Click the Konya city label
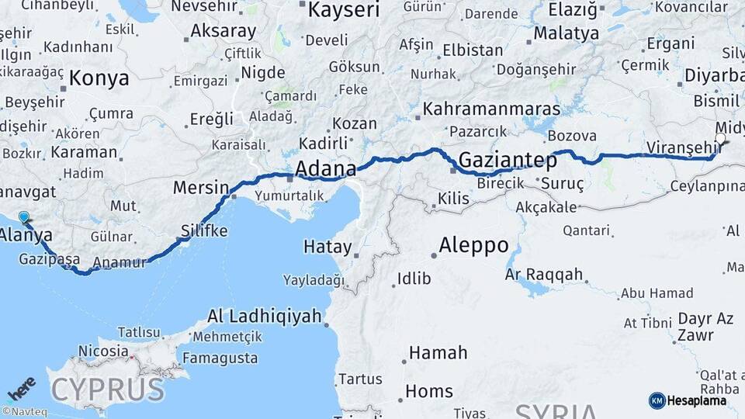click(x=99, y=78)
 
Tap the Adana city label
click(x=326, y=168)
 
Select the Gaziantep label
click(x=508, y=161)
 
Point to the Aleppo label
click(x=473, y=246)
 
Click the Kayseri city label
click(x=344, y=10)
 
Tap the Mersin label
click(x=201, y=187)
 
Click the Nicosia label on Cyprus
click(x=102, y=351)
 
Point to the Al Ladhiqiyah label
click(x=264, y=316)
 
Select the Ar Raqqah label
click(x=543, y=274)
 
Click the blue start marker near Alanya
click(x=24, y=218)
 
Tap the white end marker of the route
click(x=720, y=139)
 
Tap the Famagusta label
click(x=220, y=358)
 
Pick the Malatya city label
click(x=567, y=33)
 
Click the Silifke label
click(x=204, y=230)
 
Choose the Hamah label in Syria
click(x=438, y=353)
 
